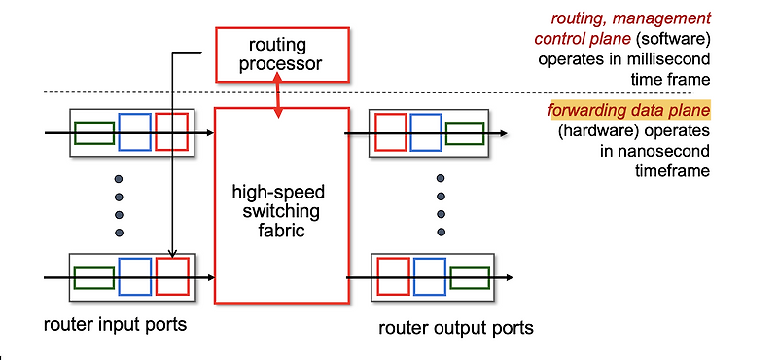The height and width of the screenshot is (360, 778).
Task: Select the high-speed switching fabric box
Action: (x=281, y=205)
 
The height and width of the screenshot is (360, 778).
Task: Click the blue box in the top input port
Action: (x=134, y=132)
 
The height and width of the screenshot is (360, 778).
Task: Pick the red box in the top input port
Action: (x=171, y=132)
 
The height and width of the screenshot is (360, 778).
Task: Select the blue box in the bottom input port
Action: (x=134, y=277)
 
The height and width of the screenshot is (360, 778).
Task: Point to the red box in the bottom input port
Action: (x=171, y=277)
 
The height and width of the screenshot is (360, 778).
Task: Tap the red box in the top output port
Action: (x=391, y=132)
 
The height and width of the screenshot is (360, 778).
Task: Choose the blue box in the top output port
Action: (x=426, y=132)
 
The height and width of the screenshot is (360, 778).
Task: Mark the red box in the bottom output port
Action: (x=393, y=277)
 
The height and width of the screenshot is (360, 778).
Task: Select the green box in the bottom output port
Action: (x=468, y=277)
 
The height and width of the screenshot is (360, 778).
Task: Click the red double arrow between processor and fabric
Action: (x=280, y=96)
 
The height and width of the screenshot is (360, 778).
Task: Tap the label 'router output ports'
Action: (x=456, y=328)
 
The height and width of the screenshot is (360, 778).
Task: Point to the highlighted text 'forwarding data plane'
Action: (x=629, y=110)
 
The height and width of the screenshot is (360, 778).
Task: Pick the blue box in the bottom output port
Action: (x=429, y=277)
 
